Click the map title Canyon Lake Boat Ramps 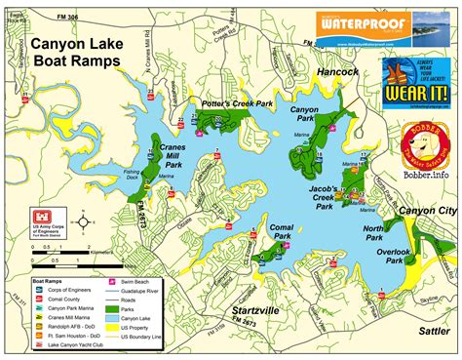[75, 52]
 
